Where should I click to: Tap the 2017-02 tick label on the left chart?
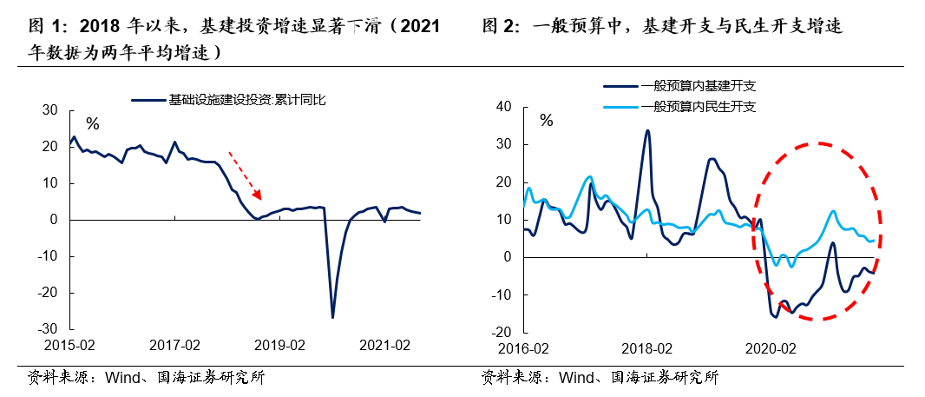click(x=174, y=345)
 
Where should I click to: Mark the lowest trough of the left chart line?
click(x=332, y=317)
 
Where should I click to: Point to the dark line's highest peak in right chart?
click(x=647, y=131)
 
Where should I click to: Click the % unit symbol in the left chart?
click(x=92, y=124)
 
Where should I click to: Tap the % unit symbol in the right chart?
click(x=546, y=121)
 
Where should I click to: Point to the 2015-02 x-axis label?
click(x=69, y=345)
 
